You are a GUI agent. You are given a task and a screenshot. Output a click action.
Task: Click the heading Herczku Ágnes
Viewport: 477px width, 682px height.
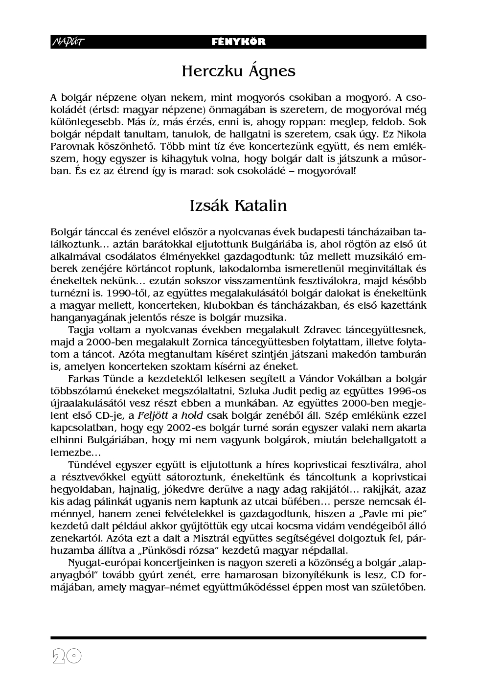coord(238,71)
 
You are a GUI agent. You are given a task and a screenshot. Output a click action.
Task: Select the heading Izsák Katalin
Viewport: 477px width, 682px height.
coord(238,205)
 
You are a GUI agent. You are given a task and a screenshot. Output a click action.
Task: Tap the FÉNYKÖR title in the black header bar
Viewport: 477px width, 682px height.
coord(239,42)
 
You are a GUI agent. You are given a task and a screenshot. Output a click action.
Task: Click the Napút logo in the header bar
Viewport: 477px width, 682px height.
coord(68,42)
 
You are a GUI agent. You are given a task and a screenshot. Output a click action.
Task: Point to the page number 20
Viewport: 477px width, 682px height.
coord(67,657)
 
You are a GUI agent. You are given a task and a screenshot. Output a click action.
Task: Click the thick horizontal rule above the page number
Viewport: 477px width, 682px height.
coord(238,638)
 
